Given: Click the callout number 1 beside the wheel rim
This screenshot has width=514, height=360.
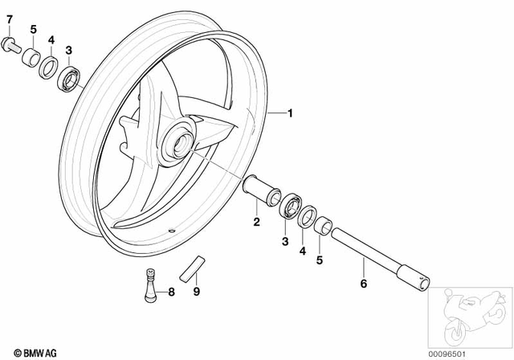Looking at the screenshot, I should [x=290, y=115].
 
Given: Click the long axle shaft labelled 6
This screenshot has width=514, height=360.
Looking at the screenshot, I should [x=377, y=256].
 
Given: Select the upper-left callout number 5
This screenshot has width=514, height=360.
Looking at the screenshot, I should [x=32, y=30].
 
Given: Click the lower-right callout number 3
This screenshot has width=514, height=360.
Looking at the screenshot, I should [x=283, y=240].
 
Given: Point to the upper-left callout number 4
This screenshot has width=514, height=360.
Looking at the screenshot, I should [x=51, y=39].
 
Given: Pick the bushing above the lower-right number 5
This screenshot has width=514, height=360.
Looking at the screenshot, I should [x=323, y=224].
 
